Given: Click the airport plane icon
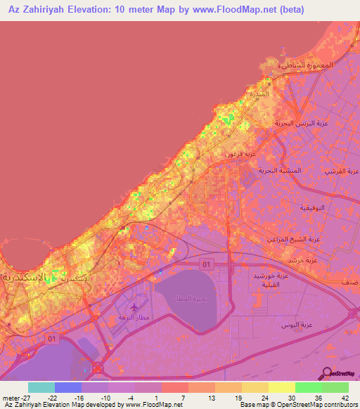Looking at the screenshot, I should point(135,307).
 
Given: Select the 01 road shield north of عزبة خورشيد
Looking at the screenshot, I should point(206,264).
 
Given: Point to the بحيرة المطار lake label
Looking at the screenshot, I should point(191,299).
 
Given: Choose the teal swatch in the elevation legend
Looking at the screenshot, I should point(41,387).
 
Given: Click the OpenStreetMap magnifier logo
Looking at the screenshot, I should point(327,375).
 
